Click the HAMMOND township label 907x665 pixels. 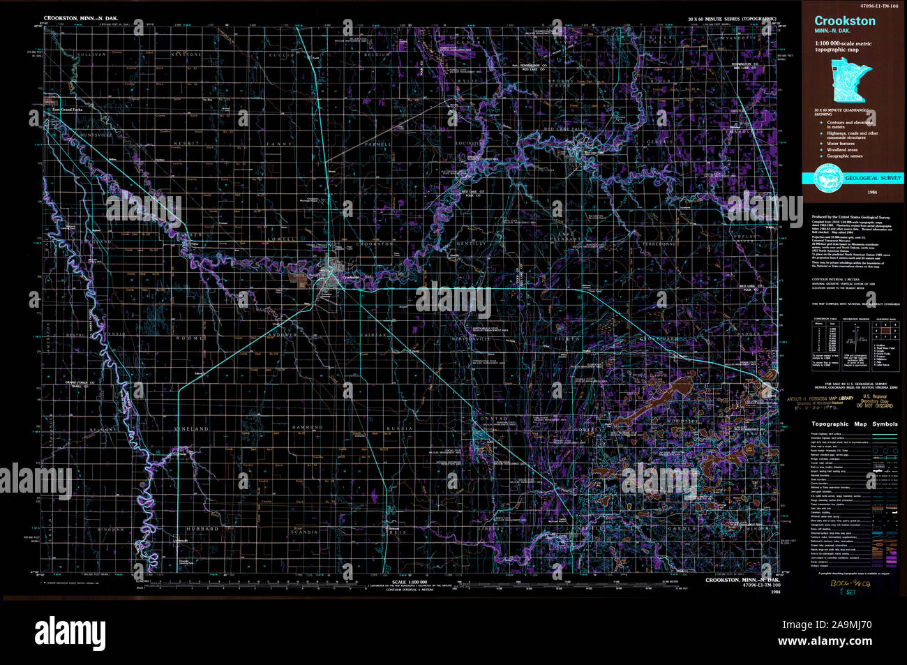click(306, 427)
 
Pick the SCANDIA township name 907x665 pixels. click(304, 532)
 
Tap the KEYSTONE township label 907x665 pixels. click(188, 54)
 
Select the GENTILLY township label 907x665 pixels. click(472, 244)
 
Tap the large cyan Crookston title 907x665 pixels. click(844, 22)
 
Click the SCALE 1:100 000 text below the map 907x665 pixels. click(408, 582)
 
